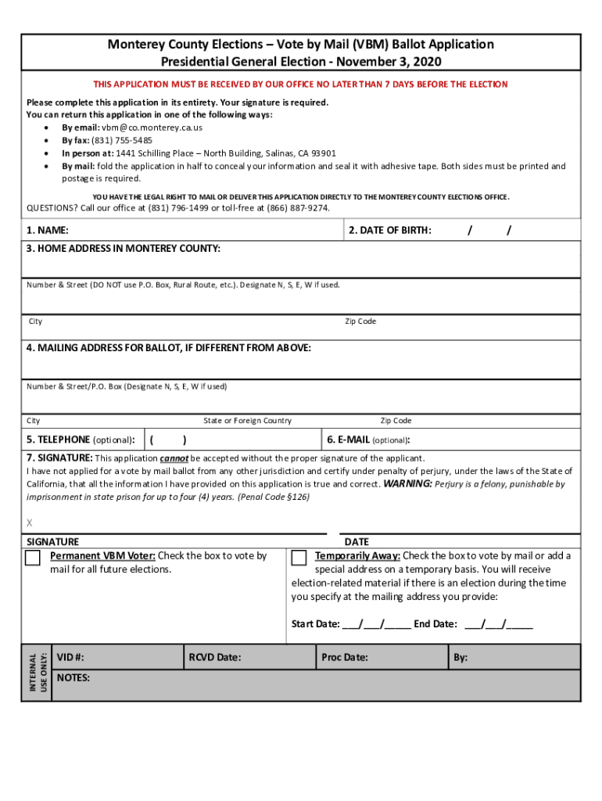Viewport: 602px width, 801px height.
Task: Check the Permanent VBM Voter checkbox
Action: click(33, 558)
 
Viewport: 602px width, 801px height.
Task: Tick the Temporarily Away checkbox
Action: click(299, 558)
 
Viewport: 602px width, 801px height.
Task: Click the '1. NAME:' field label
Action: click(47, 231)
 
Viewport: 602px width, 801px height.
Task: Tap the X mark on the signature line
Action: click(30, 523)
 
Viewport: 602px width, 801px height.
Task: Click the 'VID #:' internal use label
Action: click(71, 658)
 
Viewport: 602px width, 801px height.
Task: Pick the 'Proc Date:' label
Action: click(345, 658)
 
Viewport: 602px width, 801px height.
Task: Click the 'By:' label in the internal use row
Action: click(460, 658)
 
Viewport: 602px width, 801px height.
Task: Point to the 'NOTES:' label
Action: click(73, 678)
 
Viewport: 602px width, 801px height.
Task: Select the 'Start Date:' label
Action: click(316, 624)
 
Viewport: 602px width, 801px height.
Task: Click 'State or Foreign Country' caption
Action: click(247, 421)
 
